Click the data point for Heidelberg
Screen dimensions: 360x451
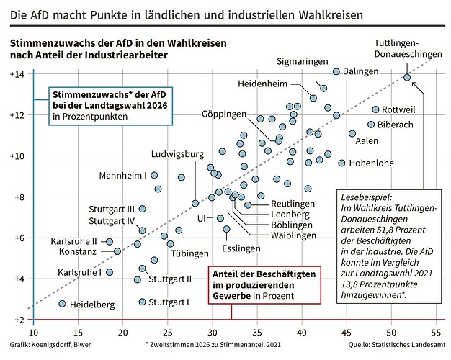62,304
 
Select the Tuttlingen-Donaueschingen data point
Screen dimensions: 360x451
407,77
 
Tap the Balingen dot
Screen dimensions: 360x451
336,72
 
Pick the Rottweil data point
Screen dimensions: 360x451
375,109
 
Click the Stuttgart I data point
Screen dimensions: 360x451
142,302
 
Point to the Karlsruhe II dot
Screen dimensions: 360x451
110,242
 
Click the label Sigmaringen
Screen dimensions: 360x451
303,62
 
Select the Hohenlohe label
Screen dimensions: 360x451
371,163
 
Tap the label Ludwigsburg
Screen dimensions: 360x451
177,154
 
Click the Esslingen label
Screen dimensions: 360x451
241,248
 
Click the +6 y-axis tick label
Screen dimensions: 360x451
17,238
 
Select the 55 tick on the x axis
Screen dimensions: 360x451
434,333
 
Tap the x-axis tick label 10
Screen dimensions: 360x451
33,333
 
